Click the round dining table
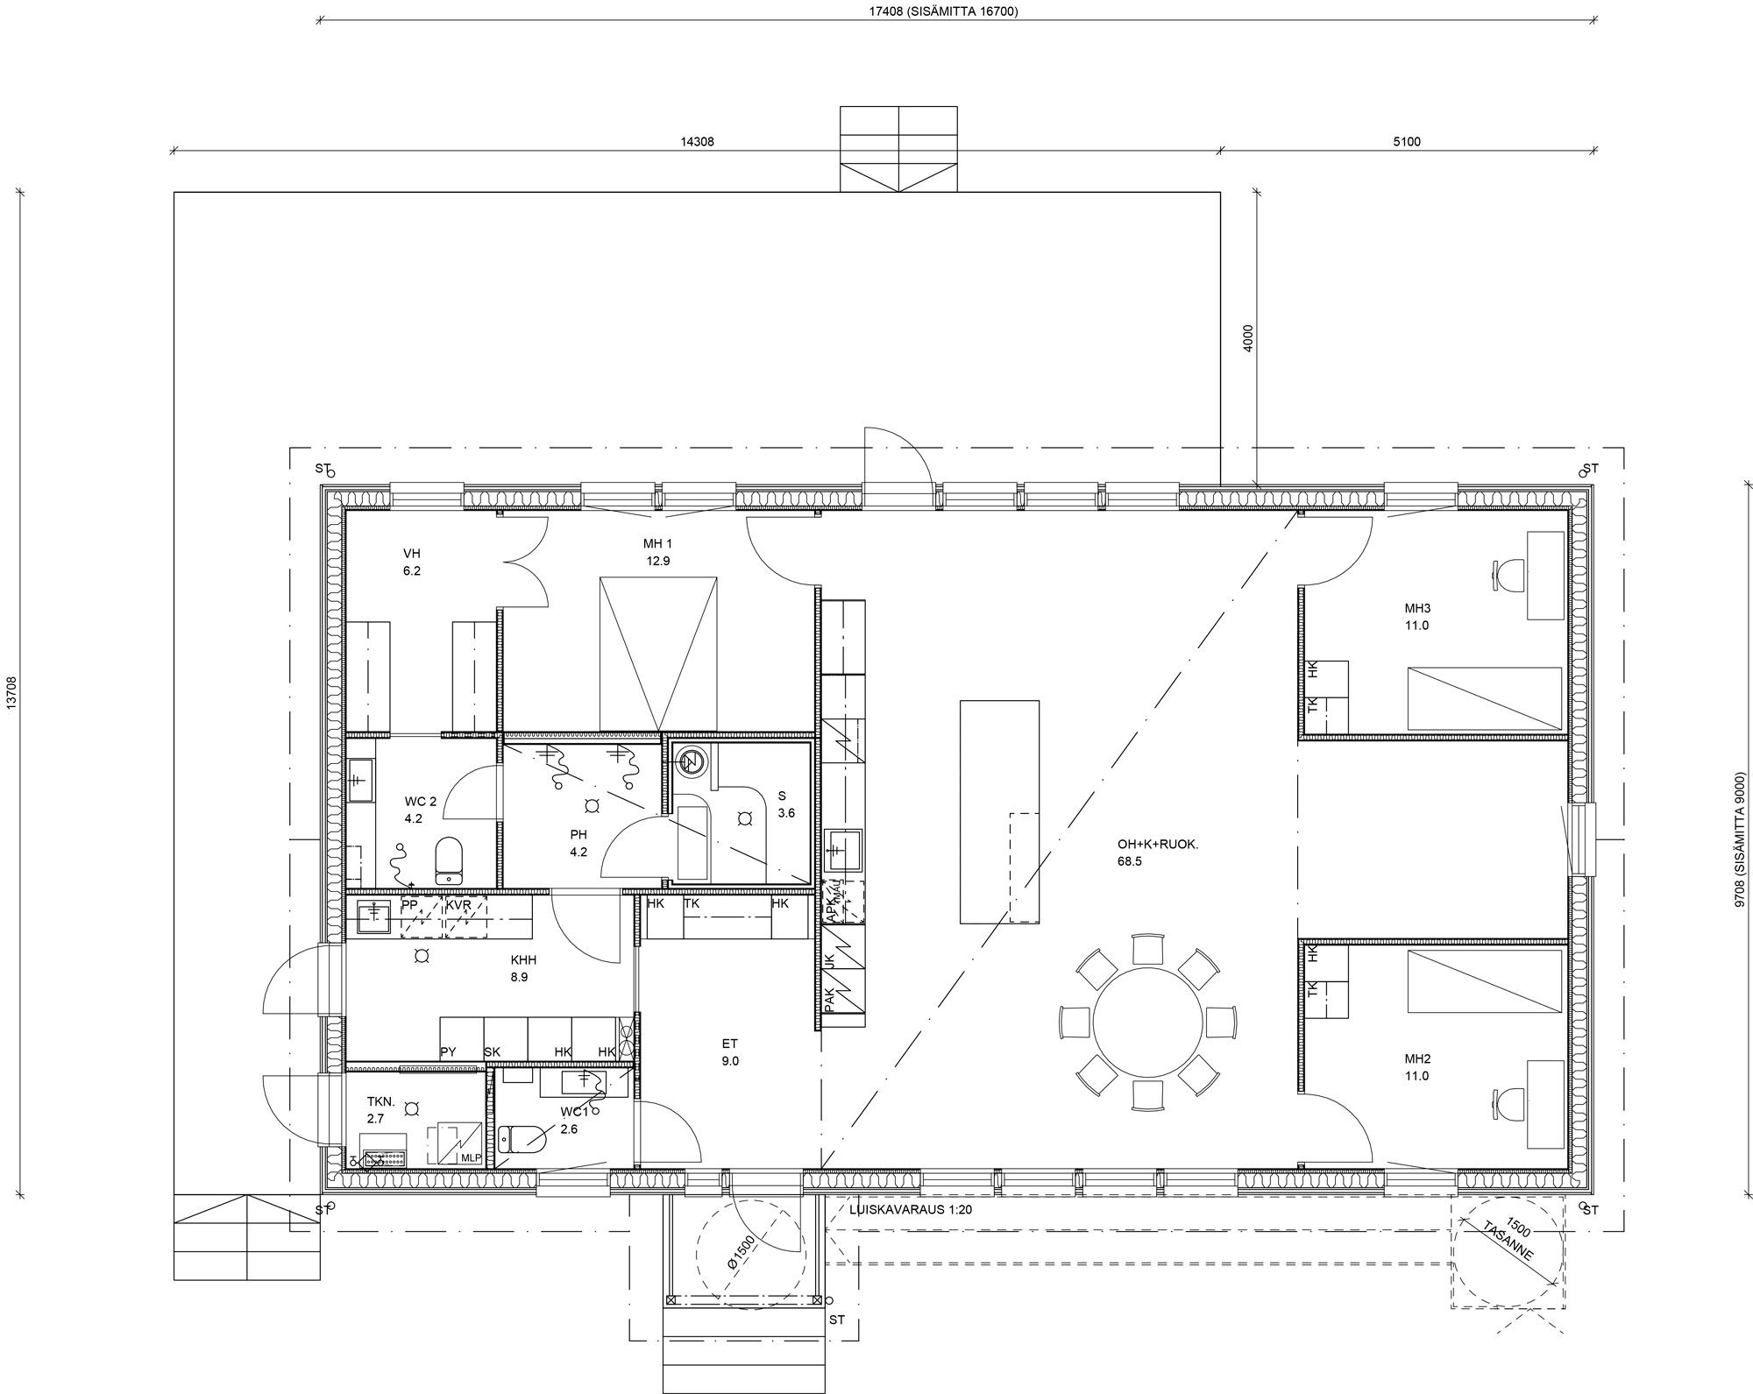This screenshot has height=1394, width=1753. tap(1147, 1023)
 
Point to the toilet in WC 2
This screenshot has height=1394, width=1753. tap(449, 860)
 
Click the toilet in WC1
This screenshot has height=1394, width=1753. tap(522, 1139)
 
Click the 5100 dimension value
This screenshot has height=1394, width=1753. tap(1407, 141)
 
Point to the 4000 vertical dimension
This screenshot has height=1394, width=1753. tap(1248, 338)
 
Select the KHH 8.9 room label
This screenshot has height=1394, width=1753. tap(520, 968)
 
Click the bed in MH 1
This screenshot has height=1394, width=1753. tap(658, 654)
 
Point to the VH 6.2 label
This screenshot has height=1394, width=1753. tap(412, 562)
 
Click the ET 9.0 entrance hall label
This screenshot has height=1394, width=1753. tap(730, 1052)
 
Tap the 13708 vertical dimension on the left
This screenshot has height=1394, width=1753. tap(11, 692)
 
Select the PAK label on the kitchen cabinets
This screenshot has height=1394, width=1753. tap(829, 1000)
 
